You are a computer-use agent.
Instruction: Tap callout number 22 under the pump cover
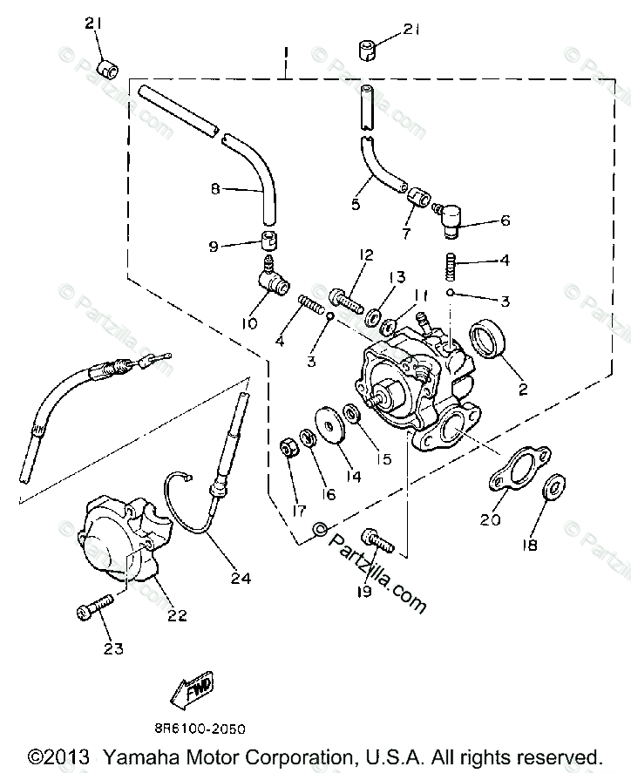coord(176,616)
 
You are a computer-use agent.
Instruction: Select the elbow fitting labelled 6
coord(451,216)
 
